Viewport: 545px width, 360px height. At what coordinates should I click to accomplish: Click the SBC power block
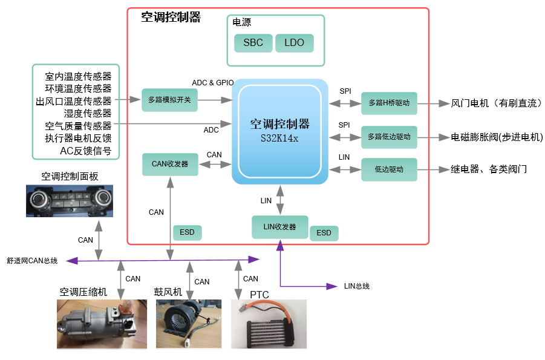pyautogui.click(x=253, y=43)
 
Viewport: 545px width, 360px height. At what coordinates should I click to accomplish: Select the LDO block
pyautogui.click(x=294, y=43)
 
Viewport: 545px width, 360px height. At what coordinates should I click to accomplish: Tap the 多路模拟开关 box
pyautogui.click(x=169, y=99)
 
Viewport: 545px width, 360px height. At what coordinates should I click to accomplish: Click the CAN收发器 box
pyautogui.click(x=169, y=164)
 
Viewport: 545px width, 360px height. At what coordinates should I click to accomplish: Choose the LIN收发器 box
pyautogui.click(x=279, y=227)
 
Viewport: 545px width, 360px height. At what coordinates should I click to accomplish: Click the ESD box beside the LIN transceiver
pyautogui.click(x=324, y=233)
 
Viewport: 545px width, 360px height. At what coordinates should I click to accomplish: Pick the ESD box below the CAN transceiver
pyautogui.click(x=188, y=232)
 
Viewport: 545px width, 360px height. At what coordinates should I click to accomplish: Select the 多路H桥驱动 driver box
pyautogui.click(x=389, y=103)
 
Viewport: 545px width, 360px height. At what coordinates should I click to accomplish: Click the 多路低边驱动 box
pyautogui.click(x=389, y=137)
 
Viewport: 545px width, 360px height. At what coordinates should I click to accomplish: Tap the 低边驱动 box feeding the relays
pyautogui.click(x=389, y=169)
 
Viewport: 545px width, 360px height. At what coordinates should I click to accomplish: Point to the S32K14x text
pyautogui.click(x=279, y=137)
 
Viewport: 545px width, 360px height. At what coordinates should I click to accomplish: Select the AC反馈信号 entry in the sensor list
pyautogui.click(x=85, y=151)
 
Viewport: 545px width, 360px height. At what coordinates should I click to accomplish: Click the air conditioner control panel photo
pyautogui.click(x=69, y=201)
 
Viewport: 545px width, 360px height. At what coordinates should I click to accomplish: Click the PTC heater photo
pyautogui.click(x=269, y=324)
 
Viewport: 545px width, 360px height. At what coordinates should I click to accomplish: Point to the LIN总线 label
pyautogui.click(x=356, y=286)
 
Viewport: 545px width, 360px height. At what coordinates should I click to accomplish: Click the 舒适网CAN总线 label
pyautogui.click(x=32, y=261)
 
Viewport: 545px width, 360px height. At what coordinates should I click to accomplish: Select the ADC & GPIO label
pyautogui.click(x=212, y=83)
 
